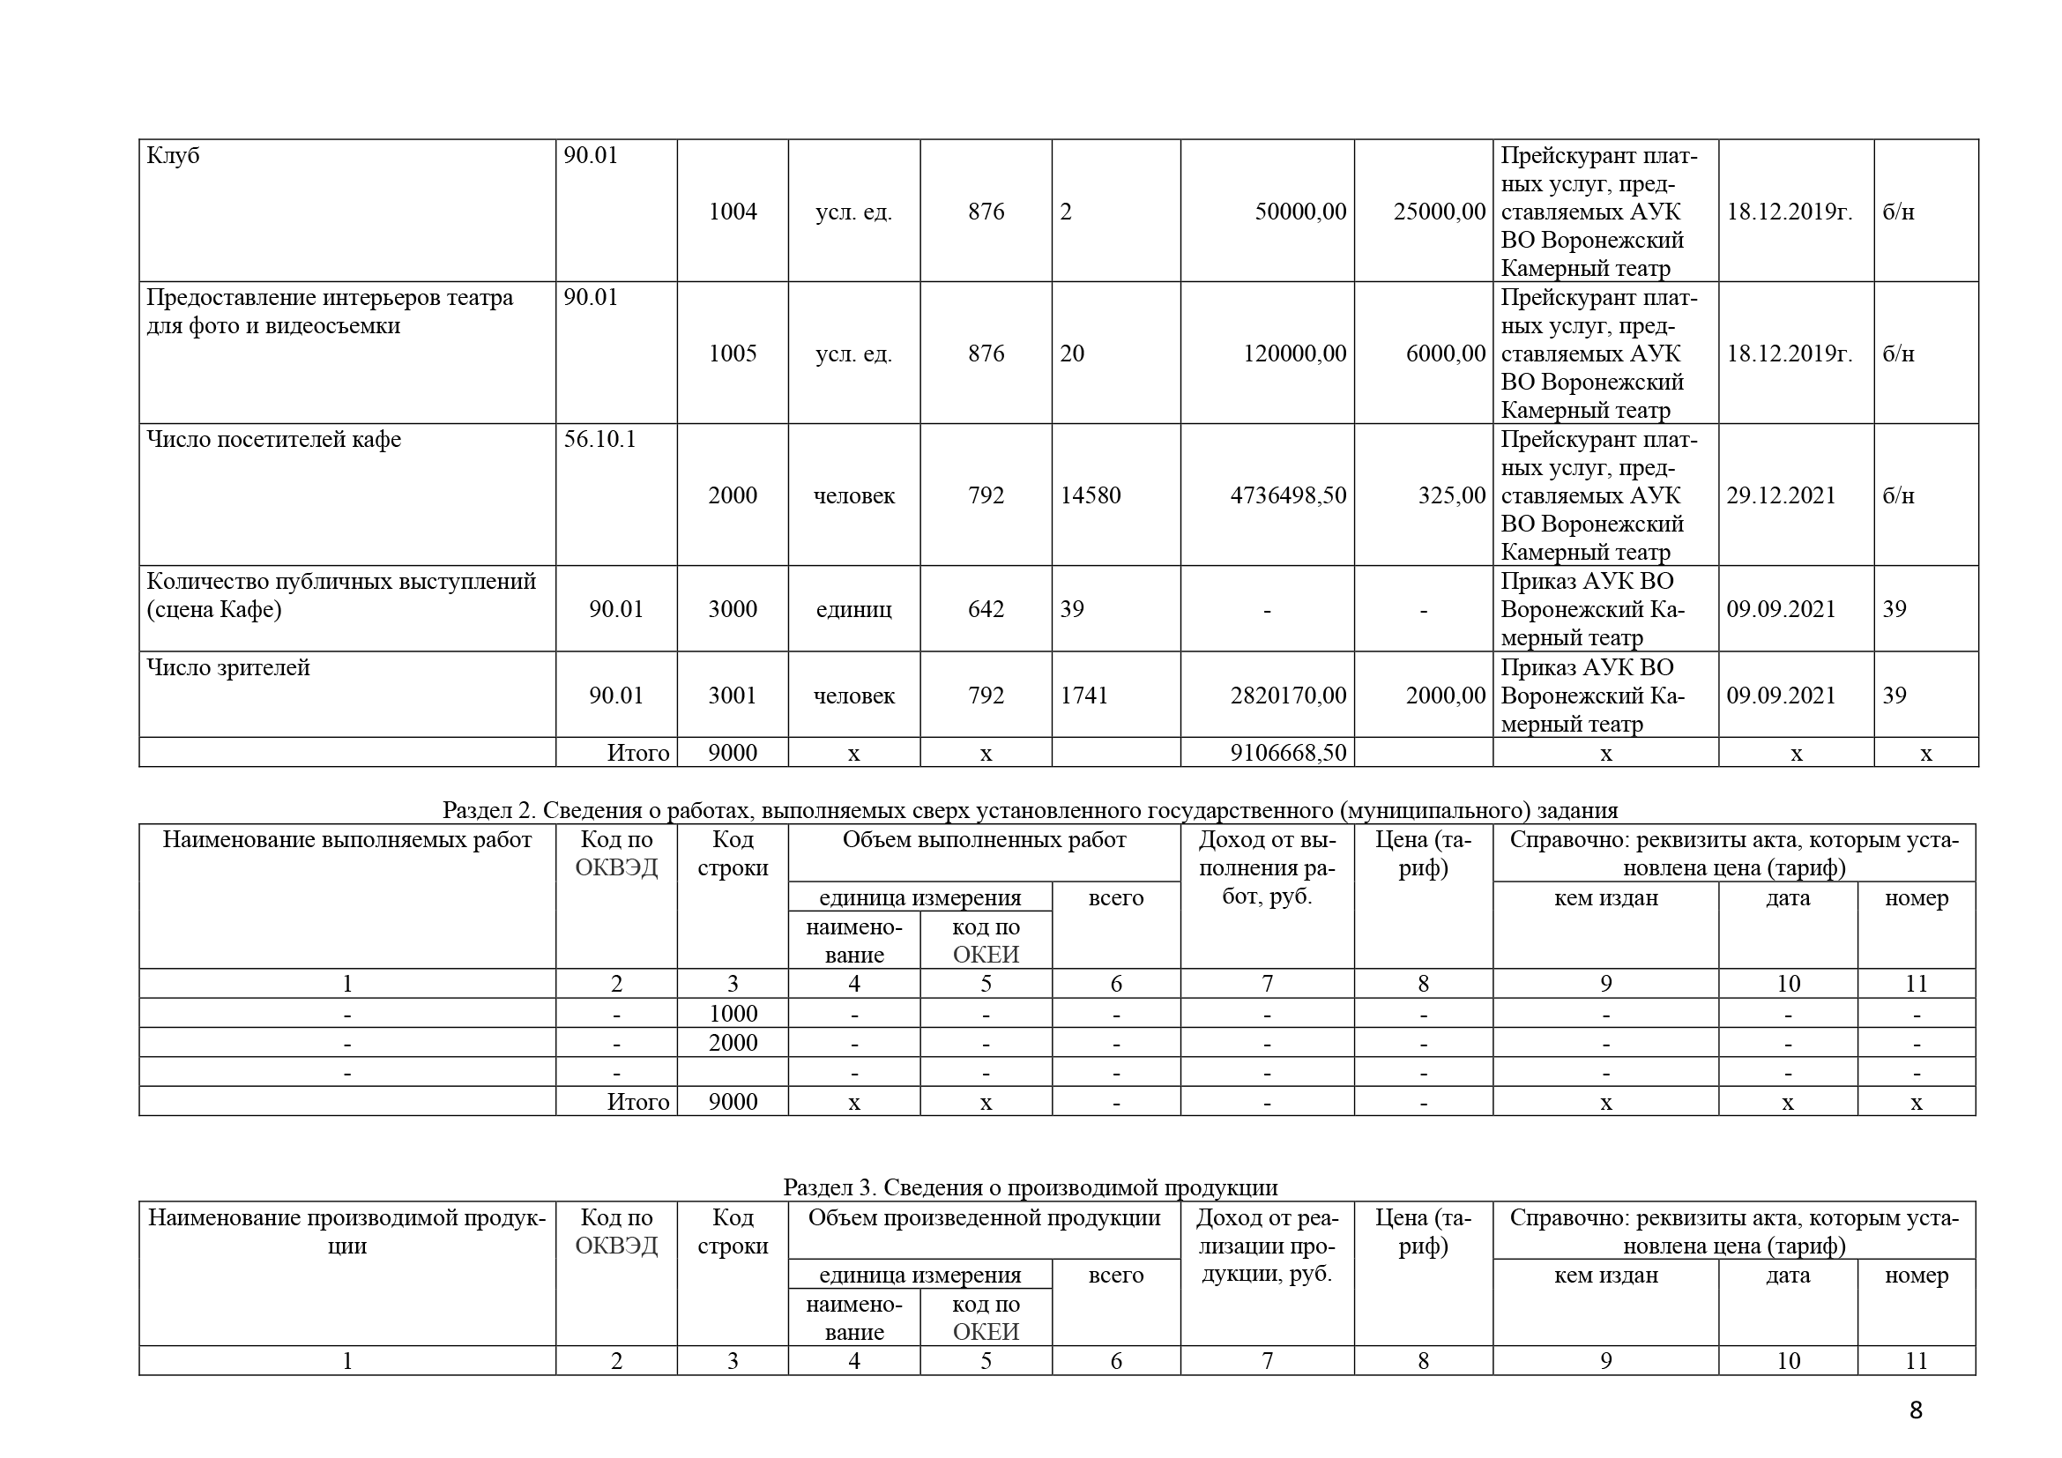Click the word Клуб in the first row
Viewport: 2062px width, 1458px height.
pos(173,156)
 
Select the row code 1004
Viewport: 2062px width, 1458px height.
pos(732,212)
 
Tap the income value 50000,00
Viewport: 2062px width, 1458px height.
pos(1299,212)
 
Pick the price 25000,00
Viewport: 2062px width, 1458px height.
pos(1439,212)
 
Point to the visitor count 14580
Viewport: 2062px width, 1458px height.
pos(1091,495)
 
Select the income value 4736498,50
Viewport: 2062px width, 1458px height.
pos(1288,495)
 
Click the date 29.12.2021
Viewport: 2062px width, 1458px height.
pos(1781,495)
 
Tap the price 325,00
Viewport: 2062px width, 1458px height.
pos(1451,495)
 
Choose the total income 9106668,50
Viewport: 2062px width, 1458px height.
pos(1288,752)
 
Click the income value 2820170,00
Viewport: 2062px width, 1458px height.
pos(1288,696)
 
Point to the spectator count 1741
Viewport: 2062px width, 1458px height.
pos(1084,696)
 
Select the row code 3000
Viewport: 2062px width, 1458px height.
pos(732,610)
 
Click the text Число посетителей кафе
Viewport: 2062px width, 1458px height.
pos(274,440)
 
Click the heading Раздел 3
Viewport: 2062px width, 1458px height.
pos(828,1187)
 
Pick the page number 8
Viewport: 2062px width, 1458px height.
pos(1916,1410)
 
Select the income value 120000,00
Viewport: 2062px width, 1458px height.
pos(1294,353)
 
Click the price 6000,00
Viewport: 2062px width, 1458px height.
pos(1445,353)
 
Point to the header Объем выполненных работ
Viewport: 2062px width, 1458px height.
pos(984,840)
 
